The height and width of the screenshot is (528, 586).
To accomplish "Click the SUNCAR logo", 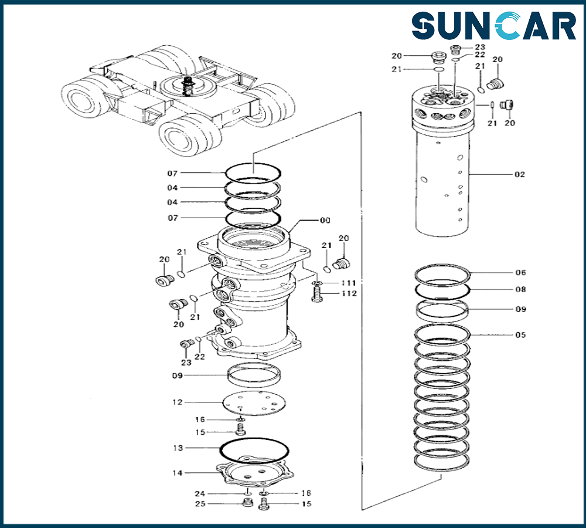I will (493, 26).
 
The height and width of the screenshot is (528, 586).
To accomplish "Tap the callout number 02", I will (519, 175).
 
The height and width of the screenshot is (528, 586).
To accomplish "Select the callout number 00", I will (324, 221).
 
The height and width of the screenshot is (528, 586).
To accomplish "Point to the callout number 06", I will (520, 273).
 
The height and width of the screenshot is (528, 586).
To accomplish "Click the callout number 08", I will (520, 290).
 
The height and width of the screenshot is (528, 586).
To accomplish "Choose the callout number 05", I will (520, 336).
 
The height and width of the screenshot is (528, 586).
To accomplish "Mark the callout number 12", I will (177, 402).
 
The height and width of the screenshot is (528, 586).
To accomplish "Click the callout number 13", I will (177, 448).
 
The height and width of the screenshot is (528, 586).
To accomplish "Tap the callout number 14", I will (177, 473).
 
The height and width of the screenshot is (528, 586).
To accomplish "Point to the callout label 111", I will (350, 283).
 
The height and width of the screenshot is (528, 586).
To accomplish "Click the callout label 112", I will (350, 294).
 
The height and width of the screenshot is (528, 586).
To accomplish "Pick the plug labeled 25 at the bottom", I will (247, 503).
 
